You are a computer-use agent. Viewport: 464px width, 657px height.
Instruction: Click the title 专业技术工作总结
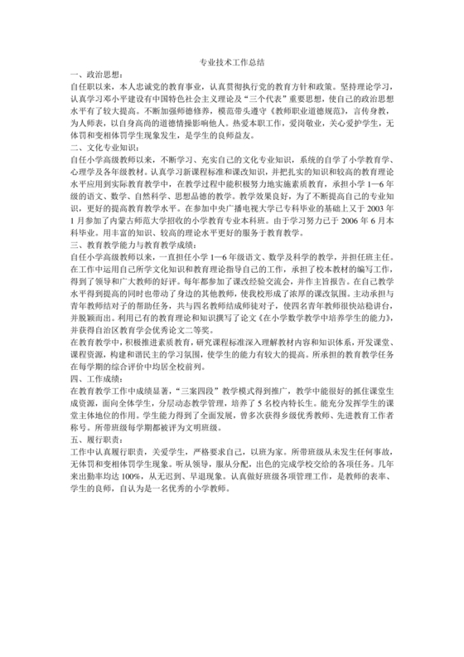[232, 63]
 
